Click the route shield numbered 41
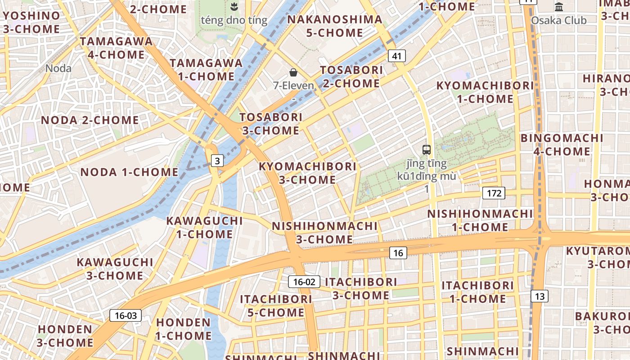[x=396, y=56]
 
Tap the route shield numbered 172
[x=494, y=193]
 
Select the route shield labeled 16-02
[x=304, y=282]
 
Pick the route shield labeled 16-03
[x=126, y=315]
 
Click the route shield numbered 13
[x=540, y=296]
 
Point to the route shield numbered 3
[x=217, y=161]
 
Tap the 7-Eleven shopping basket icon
[x=293, y=72]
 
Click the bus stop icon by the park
[x=426, y=150]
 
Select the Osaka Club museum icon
[x=559, y=7]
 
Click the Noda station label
[x=58, y=68]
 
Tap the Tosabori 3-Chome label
[x=271, y=124]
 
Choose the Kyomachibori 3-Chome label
[x=308, y=173]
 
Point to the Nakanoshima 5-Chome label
[x=334, y=26]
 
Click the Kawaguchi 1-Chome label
[x=204, y=227]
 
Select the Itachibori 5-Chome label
[x=276, y=306]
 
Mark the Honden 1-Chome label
[x=184, y=329]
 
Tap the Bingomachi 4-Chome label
[x=562, y=144]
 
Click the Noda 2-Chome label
[x=90, y=120]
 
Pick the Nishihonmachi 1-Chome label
[x=480, y=220]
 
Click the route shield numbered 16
[x=398, y=253]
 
